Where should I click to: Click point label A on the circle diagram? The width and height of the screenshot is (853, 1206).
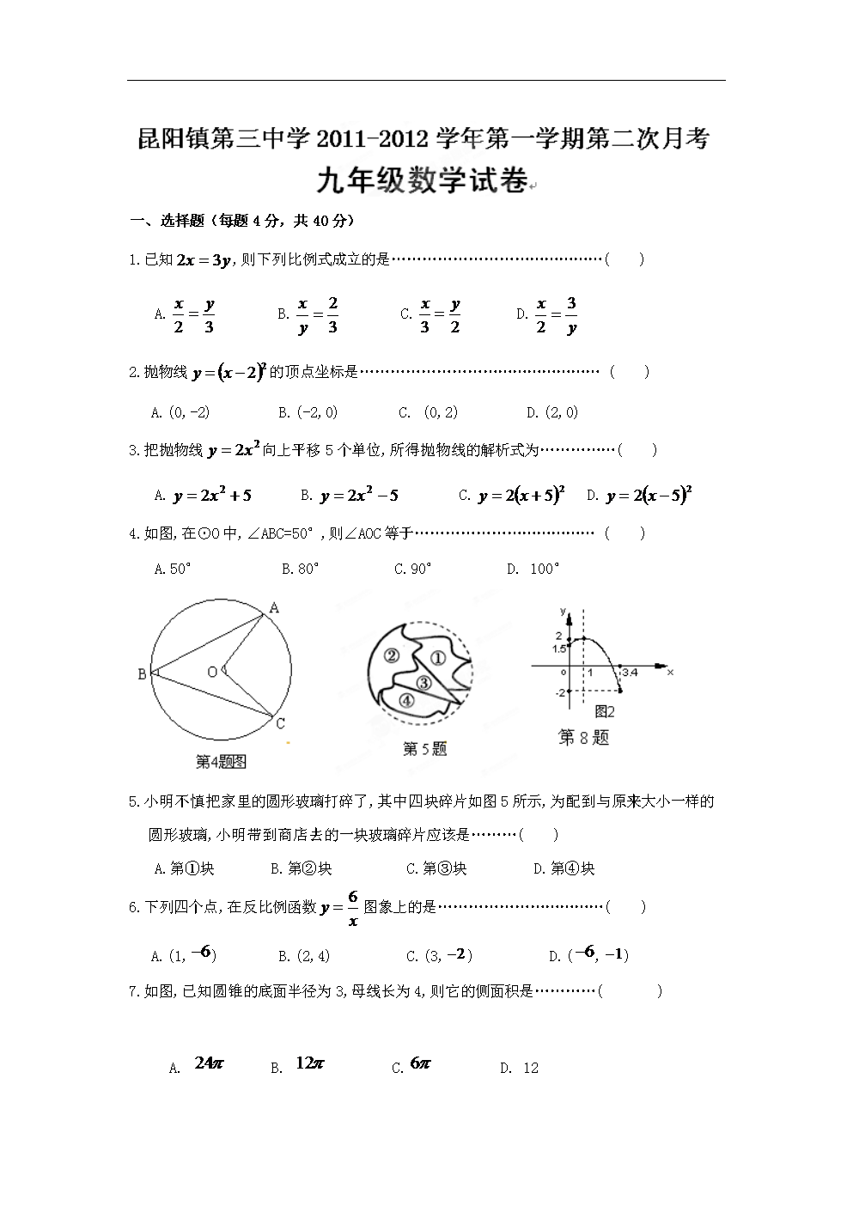(x=274, y=608)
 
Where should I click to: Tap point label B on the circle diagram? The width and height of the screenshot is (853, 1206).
(x=142, y=674)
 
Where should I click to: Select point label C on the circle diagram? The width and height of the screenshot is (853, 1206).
(x=280, y=724)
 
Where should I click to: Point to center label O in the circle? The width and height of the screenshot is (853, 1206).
(x=211, y=672)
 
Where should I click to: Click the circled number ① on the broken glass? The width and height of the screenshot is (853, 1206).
(x=436, y=659)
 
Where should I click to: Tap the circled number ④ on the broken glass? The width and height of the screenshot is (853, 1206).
(x=406, y=699)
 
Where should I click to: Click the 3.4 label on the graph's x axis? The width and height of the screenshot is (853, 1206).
(x=629, y=672)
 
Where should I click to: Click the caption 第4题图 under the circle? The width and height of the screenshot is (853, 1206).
(x=221, y=761)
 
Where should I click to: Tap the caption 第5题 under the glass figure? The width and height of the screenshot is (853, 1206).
(x=424, y=749)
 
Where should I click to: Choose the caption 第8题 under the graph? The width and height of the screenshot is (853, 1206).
(x=583, y=737)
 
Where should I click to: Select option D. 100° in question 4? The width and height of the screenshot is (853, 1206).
(x=533, y=569)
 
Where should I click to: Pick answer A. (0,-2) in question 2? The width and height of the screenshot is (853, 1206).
(x=180, y=412)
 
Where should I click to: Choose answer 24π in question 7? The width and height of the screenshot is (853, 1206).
(x=209, y=1063)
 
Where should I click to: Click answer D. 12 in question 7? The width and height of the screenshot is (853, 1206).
(x=520, y=1068)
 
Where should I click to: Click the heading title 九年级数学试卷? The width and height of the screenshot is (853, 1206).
(x=422, y=181)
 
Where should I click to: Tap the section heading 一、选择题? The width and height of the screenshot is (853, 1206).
(x=167, y=221)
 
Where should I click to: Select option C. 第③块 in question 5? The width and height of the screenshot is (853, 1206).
(x=436, y=868)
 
